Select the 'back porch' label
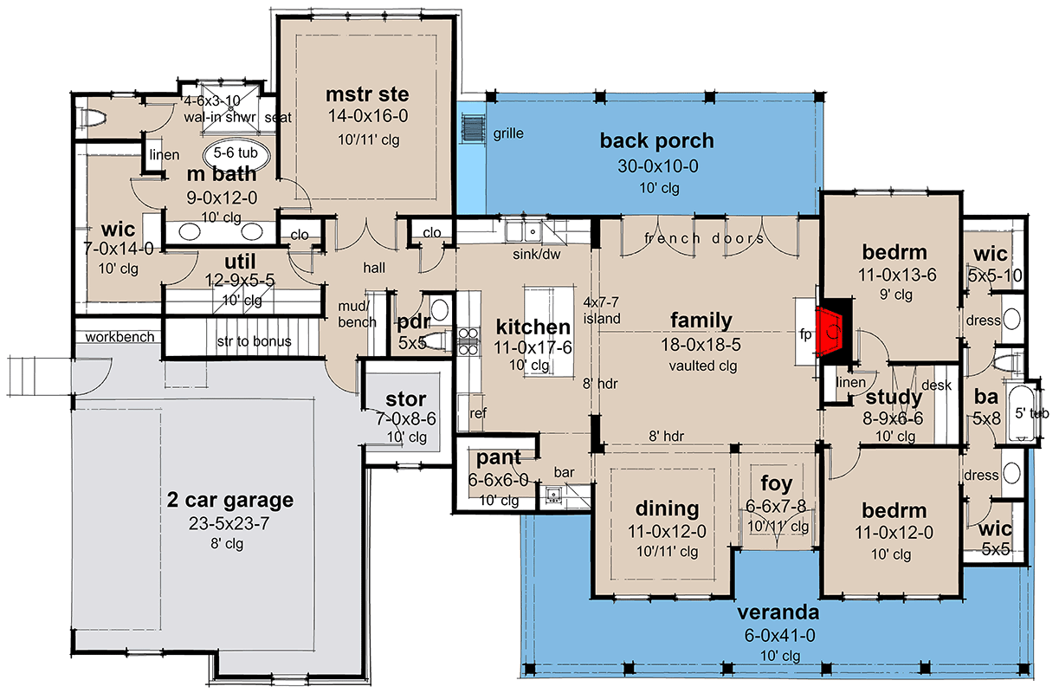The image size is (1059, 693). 656,140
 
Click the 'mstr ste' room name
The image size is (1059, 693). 367,94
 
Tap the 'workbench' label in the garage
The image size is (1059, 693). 119,336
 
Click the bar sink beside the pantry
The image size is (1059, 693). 552,495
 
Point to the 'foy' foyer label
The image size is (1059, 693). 777,483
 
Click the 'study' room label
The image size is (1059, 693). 894,398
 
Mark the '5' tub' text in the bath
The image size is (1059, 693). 1031,413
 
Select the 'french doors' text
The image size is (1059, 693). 705,238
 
